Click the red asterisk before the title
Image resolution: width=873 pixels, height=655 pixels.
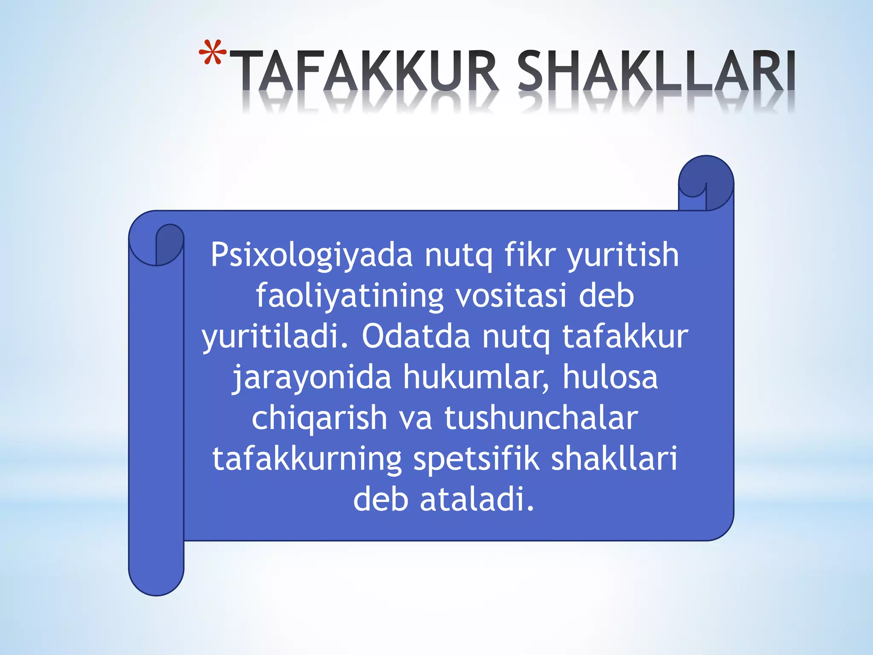pos(212,53)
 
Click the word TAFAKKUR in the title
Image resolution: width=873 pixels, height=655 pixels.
pos(367,72)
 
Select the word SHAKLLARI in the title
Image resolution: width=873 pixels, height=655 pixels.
pos(656,72)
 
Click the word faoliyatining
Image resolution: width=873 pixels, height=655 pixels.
pos(350,296)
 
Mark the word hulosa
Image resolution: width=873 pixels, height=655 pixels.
pos(610,377)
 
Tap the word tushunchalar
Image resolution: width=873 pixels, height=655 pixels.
pos(541,418)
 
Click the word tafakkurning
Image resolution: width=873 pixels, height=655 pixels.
pos(307,460)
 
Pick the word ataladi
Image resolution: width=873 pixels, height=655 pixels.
pos(477,500)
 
